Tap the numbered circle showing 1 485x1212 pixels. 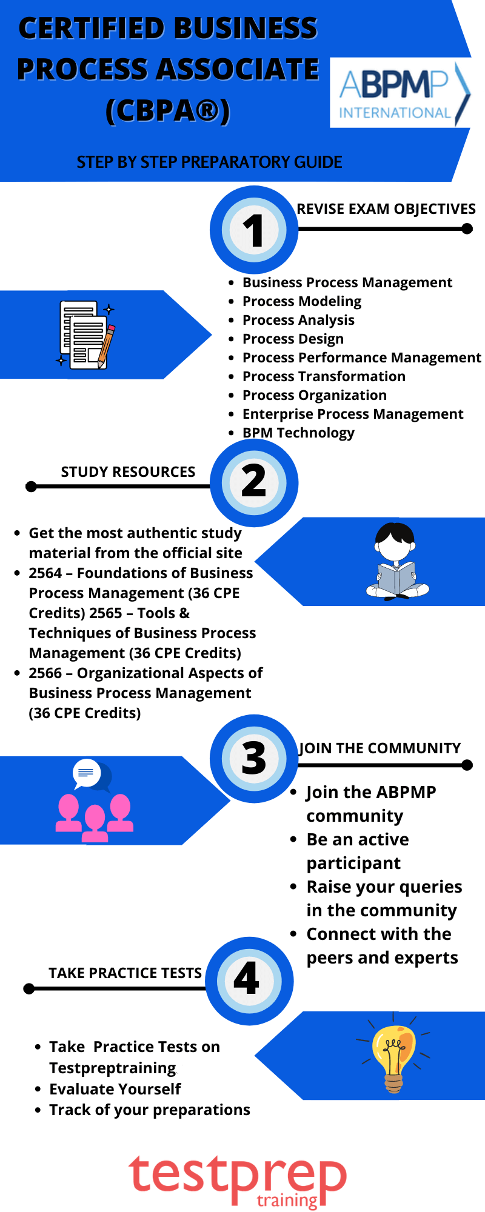coord(254,230)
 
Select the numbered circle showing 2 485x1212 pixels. coord(254,482)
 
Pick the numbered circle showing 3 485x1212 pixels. coord(254,758)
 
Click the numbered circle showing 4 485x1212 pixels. coord(249,981)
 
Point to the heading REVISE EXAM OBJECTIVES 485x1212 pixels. coord(386,209)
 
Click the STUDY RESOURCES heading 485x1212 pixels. coord(128,472)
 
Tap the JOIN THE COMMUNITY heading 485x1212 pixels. coord(380,748)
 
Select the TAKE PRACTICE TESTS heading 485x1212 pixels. coord(125,973)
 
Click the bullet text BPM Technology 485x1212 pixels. coord(298,433)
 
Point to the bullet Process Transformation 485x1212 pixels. coord(324,376)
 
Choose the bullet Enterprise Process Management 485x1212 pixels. coord(353,414)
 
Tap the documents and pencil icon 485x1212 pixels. coord(86,335)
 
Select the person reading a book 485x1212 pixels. coord(396,561)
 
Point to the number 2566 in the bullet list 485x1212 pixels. coord(45,673)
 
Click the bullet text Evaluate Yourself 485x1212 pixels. coord(115,1089)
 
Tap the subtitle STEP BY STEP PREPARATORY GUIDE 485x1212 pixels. coord(209,162)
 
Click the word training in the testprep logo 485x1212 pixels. coord(287,1200)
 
